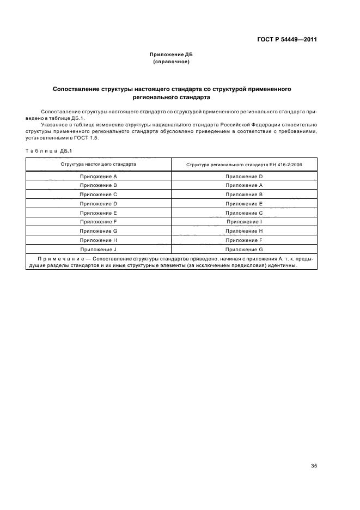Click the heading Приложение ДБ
(172, 55)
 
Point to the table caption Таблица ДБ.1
(48, 150)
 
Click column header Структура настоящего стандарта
(99, 164)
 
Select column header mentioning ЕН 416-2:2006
(244, 164)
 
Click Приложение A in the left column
(99, 177)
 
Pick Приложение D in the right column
(244, 177)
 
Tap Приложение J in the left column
(99, 249)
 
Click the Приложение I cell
(244, 222)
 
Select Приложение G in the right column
(244, 249)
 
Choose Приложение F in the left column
(99, 222)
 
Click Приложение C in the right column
(244, 213)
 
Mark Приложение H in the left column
(99, 240)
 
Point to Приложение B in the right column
(244, 195)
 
